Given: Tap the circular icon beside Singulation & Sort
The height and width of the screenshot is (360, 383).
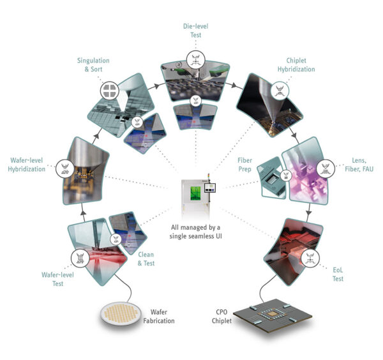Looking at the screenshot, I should coord(109,89).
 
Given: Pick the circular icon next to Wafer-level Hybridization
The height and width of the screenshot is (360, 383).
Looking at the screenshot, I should coord(64,169).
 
